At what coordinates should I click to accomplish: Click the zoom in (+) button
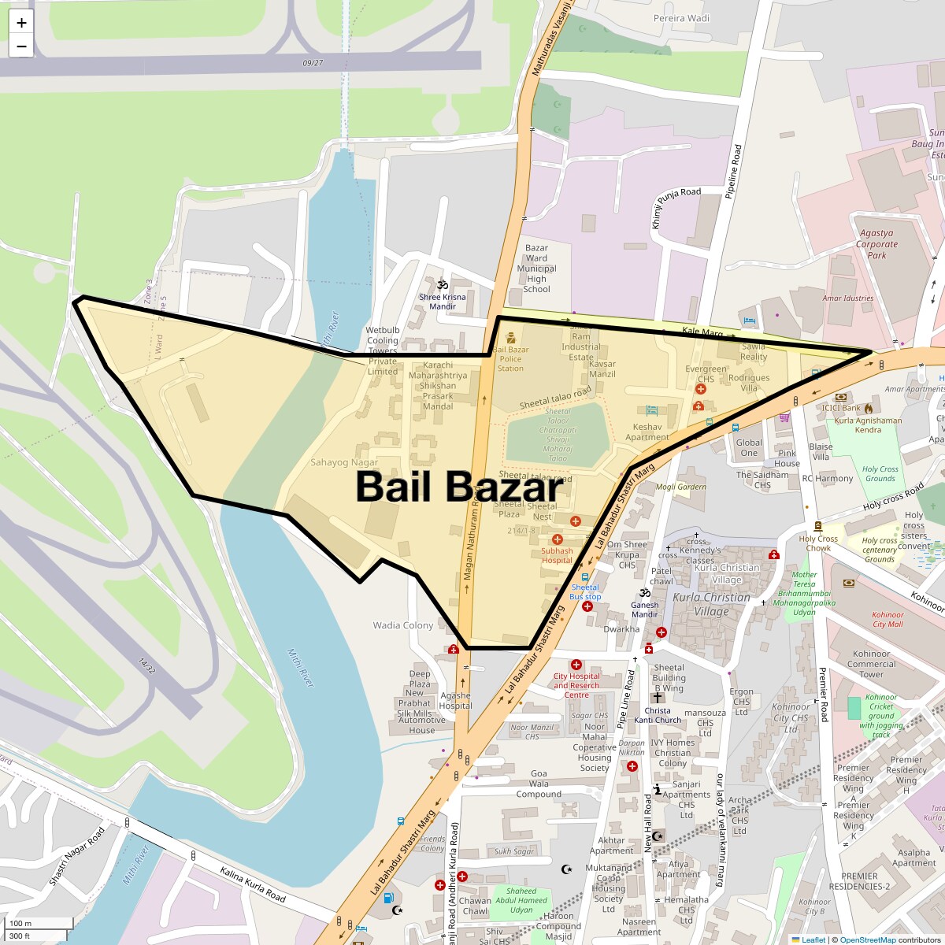pos(21,23)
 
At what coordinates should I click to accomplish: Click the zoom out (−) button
pos(21,46)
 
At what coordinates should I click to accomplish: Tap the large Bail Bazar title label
pos(460,487)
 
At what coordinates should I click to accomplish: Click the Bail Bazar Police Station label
pos(510,359)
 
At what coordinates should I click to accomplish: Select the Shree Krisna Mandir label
pos(443,302)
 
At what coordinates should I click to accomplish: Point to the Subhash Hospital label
pos(557,555)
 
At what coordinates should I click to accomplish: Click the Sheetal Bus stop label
pos(585,591)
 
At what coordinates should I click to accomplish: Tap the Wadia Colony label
pos(402,625)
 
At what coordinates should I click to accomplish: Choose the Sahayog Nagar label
pos(344,462)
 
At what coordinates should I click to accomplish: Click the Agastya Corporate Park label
pos(876,244)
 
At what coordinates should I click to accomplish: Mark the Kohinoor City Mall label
pos(888,620)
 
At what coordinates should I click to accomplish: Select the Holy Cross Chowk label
pos(818,543)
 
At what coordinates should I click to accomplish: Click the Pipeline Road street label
pos(733,171)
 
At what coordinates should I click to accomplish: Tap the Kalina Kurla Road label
pos(253,884)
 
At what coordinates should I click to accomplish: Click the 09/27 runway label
pos(313,63)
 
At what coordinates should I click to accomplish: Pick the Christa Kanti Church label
pos(658,715)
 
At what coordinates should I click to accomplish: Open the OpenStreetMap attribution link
pos(867,939)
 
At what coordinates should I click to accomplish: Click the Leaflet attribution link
pos(813,939)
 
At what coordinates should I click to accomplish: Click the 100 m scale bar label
pos(20,924)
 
